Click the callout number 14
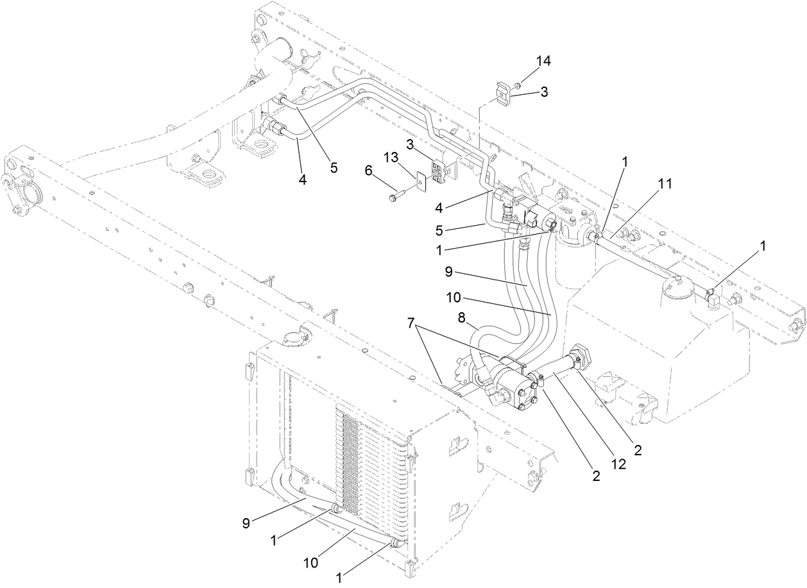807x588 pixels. coord(544,62)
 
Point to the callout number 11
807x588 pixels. coord(665,184)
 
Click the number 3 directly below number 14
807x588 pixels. coord(544,92)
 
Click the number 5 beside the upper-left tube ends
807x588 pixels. coord(334,167)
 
